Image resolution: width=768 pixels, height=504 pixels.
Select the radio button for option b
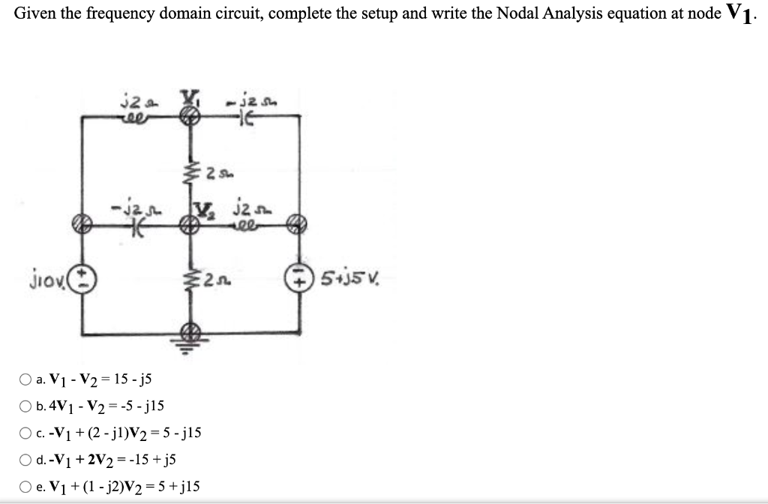25,406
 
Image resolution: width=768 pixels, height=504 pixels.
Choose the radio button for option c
25,433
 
